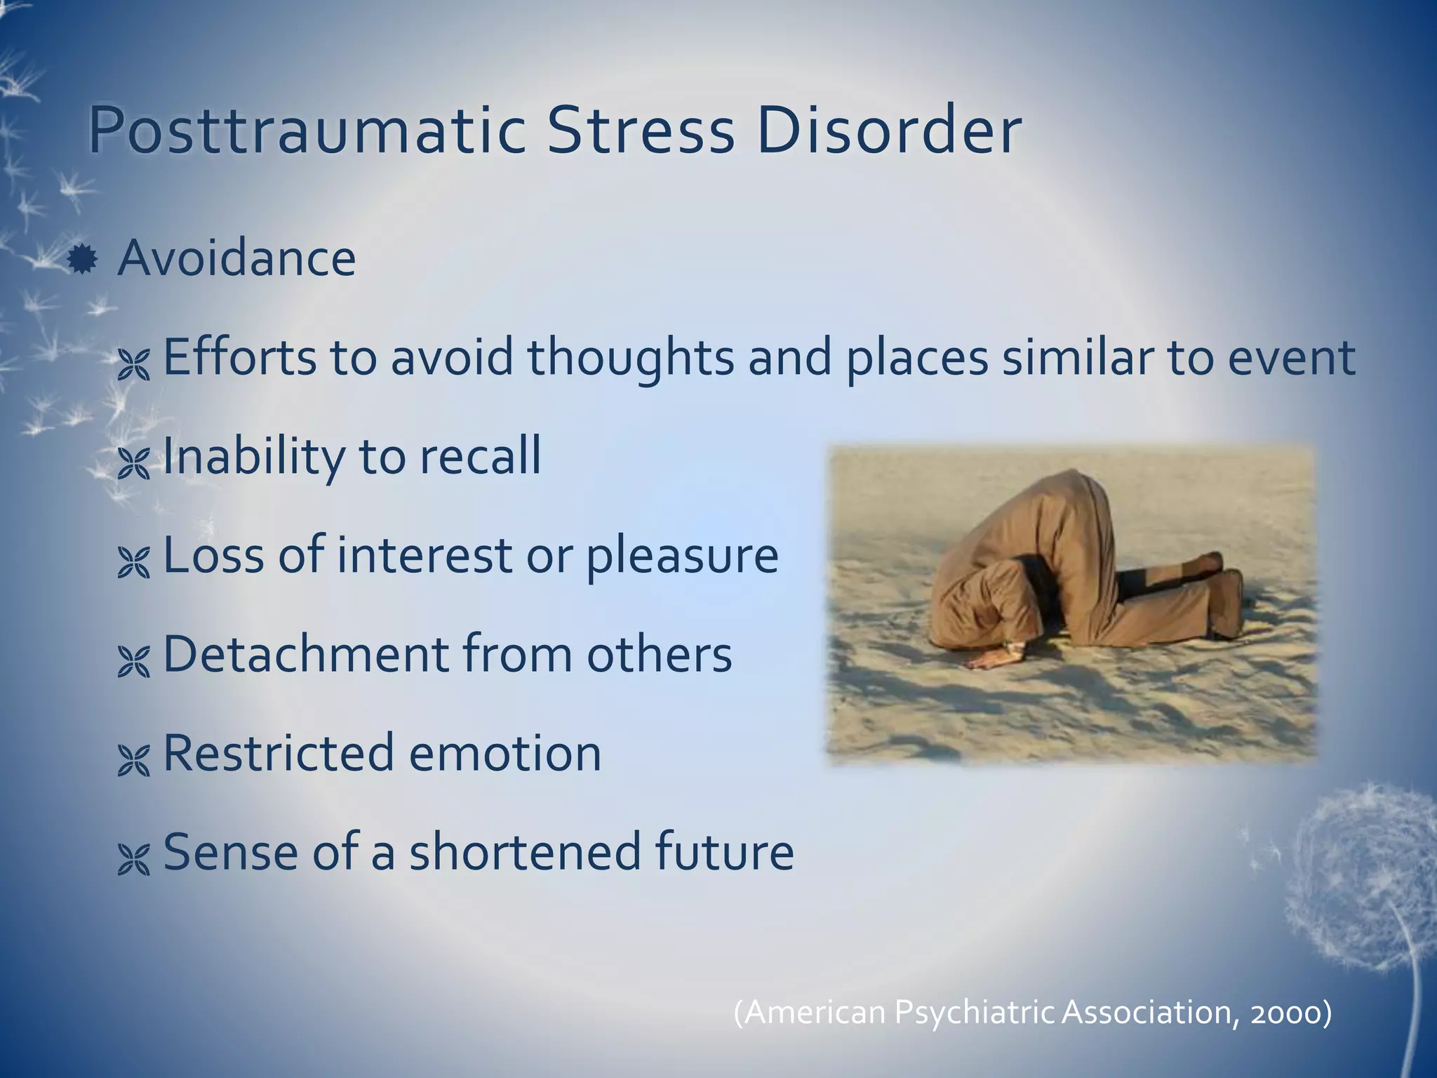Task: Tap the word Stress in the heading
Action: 639,132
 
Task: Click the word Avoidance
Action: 236,258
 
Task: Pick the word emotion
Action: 504,753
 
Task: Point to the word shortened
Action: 525,852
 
